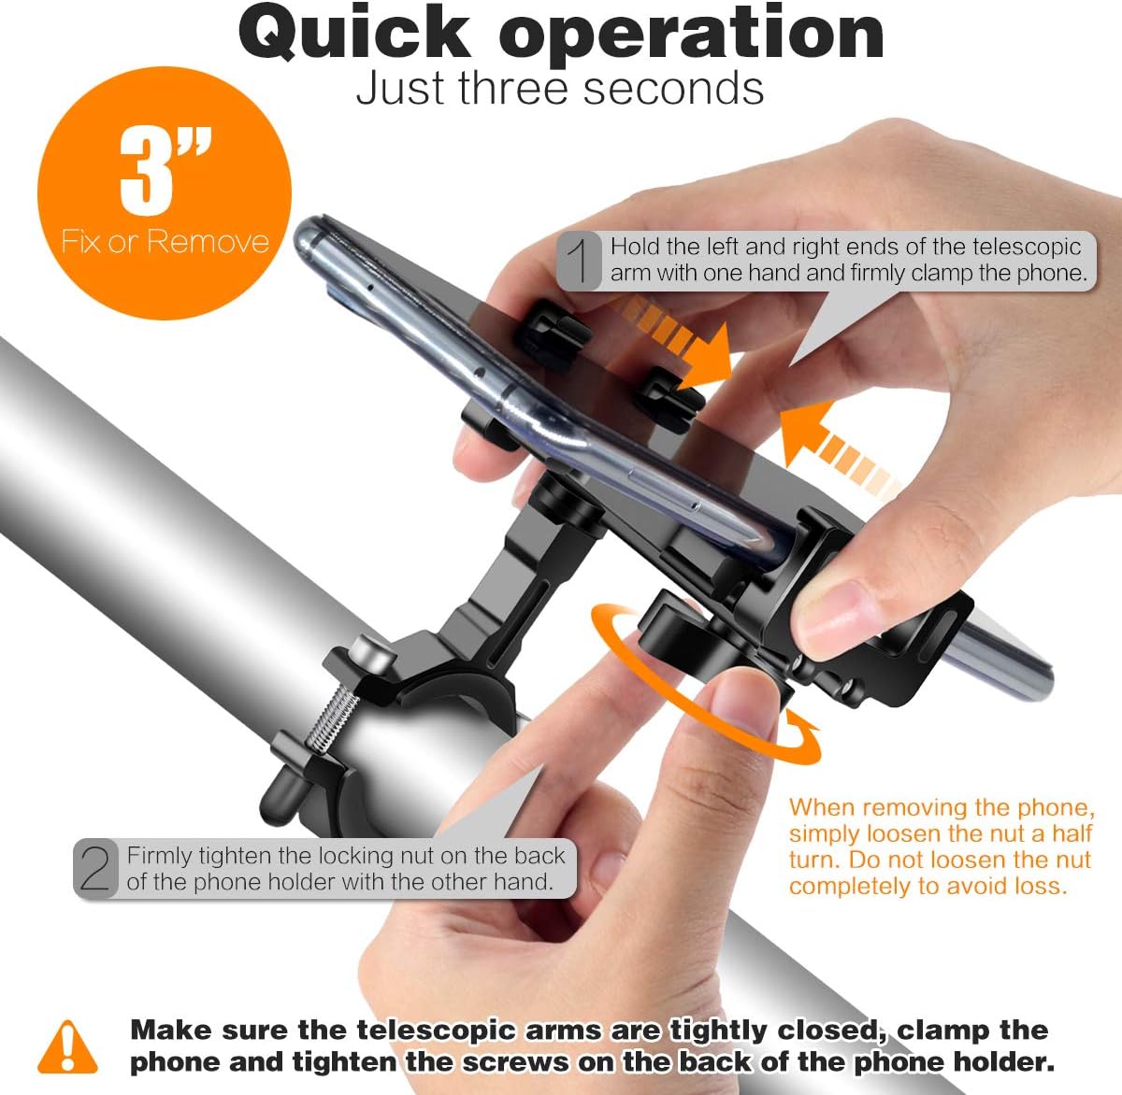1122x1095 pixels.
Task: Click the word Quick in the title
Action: [x=355, y=35]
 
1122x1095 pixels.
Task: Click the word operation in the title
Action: [x=691, y=36]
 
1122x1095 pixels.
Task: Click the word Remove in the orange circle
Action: [x=208, y=241]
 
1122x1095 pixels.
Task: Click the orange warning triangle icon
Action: [x=67, y=1046]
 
